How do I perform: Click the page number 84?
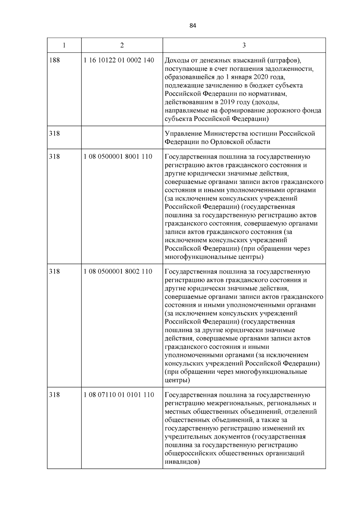coord(193,26)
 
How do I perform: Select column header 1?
coord(64,45)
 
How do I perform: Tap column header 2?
coord(122,45)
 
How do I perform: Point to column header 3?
coord(244,45)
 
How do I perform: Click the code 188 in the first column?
coord(54,60)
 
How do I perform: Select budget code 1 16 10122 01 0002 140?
coord(119,60)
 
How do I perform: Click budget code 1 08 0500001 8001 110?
coord(118,157)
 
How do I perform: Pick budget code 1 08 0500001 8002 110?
coord(118,271)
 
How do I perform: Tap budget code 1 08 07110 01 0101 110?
coord(119,395)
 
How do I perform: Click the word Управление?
coord(183,133)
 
